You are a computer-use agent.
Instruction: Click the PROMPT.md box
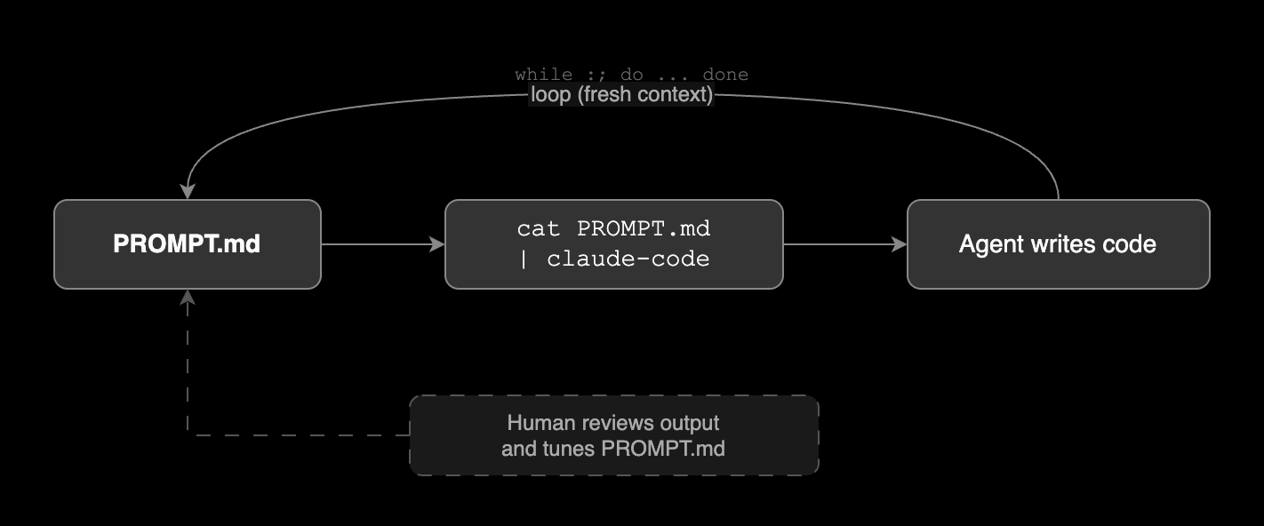pos(187,244)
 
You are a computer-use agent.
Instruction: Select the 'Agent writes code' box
pos(1058,244)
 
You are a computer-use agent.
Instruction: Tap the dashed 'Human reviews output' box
pos(613,435)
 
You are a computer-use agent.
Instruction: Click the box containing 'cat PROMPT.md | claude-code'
pos(613,244)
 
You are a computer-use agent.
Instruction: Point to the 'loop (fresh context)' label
pos(621,95)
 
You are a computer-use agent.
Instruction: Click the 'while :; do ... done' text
pos(631,75)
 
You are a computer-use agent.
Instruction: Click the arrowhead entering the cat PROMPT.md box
pos(436,244)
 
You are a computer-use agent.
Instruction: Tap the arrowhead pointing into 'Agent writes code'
pos(899,244)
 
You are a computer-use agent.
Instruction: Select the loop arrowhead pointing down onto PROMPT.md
pos(188,192)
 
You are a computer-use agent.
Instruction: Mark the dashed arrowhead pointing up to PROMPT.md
pos(188,298)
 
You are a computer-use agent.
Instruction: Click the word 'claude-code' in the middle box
pos(628,259)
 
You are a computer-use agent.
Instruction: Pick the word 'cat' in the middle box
pos(539,229)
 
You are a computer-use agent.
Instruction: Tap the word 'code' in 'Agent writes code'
pos(1130,244)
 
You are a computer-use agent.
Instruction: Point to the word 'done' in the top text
pos(725,75)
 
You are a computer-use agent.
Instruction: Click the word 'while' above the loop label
pos(543,75)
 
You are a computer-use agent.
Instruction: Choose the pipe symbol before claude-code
pos(523,259)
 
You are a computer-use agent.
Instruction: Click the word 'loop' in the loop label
pos(550,95)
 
